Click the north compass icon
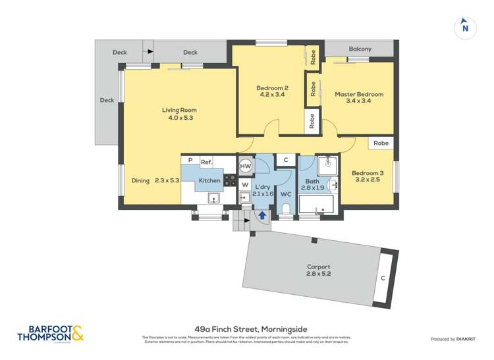point(465,27)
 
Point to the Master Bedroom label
point(359,99)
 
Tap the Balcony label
point(360,49)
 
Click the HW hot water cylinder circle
point(245,167)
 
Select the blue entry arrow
point(262,214)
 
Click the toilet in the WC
point(286,209)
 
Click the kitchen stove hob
point(231,180)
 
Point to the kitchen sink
point(213,197)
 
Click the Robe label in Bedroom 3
point(380,143)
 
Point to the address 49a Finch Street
point(246,329)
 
